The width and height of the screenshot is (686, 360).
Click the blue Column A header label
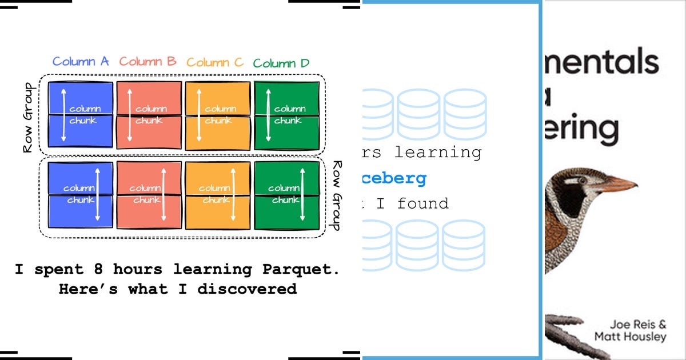(x=81, y=62)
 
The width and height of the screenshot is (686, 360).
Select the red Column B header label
(x=148, y=62)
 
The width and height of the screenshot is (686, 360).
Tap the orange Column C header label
(x=215, y=62)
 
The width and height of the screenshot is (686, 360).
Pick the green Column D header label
(x=281, y=63)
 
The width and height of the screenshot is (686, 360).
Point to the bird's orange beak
(x=617, y=185)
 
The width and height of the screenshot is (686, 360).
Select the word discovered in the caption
(x=247, y=289)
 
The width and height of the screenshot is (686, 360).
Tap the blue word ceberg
(x=394, y=178)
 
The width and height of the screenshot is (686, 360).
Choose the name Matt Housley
(x=630, y=337)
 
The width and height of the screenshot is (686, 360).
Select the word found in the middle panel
(x=423, y=203)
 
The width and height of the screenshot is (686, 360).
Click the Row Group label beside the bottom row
(x=336, y=195)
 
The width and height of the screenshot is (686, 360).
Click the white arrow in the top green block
(x=268, y=114)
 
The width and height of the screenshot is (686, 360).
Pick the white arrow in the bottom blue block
(x=98, y=194)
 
